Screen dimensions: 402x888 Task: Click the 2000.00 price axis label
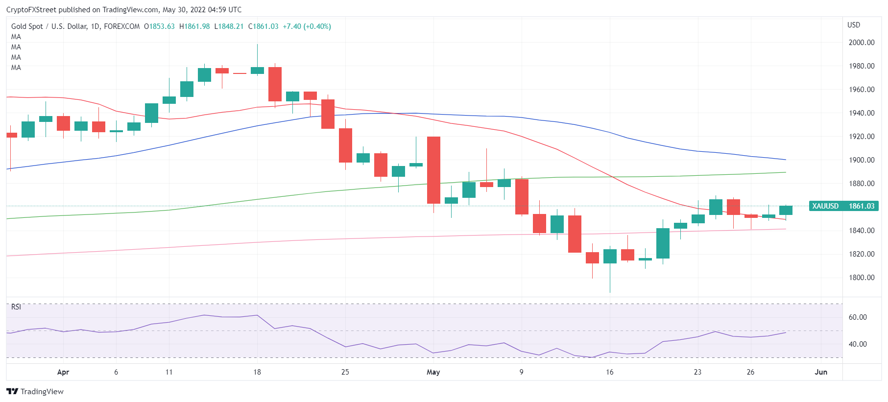tap(861, 43)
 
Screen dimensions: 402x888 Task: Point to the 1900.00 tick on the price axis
tap(861, 160)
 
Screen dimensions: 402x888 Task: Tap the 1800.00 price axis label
tap(861, 278)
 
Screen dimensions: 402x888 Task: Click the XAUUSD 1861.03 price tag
tap(843, 206)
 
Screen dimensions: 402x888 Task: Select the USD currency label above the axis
tap(854, 25)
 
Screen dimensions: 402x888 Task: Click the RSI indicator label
tap(16, 307)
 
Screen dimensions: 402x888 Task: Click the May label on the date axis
tap(433, 372)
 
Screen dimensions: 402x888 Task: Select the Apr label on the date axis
tap(63, 372)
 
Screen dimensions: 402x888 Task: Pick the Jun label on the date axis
tap(821, 372)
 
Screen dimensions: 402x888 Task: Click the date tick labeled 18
tap(257, 372)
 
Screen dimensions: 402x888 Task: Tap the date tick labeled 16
tap(609, 372)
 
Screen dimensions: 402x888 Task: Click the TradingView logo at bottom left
tap(35, 392)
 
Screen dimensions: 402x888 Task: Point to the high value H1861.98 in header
tap(194, 26)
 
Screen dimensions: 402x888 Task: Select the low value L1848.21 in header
tap(229, 26)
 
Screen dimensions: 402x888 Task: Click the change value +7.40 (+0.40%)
tap(307, 26)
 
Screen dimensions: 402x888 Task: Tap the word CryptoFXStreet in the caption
tap(31, 10)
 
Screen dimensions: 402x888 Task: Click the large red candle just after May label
tap(433, 170)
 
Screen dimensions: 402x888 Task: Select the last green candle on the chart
tap(786, 211)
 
